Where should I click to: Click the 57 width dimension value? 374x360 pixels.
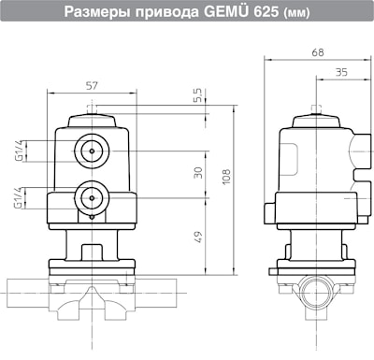point(92,86)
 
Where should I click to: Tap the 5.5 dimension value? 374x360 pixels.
point(197,94)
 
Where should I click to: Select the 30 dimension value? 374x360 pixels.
point(198,173)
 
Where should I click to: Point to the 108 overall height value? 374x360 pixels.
point(226,177)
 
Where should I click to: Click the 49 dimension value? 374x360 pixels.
point(198,237)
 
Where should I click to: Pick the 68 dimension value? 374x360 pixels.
point(318,52)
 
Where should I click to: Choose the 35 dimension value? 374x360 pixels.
point(341,72)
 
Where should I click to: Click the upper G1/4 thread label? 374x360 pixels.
point(19,151)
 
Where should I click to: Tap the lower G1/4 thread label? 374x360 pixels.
point(19,197)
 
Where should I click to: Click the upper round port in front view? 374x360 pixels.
point(92,151)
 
